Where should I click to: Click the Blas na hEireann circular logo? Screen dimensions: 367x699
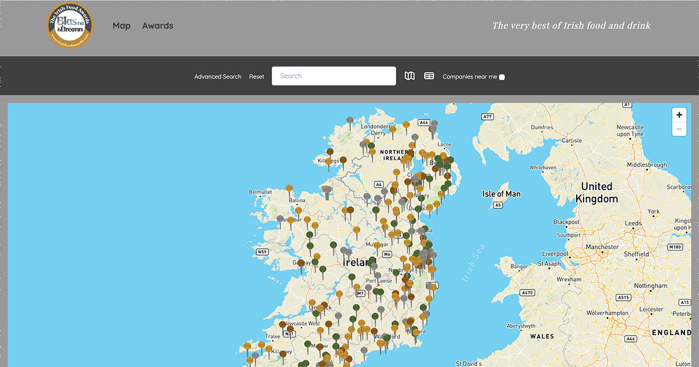click(70, 25)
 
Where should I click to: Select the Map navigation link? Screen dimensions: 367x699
click(121, 26)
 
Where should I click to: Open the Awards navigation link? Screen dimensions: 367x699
click(157, 26)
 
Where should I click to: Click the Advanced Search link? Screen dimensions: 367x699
click(217, 77)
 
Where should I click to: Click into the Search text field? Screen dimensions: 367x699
click(334, 76)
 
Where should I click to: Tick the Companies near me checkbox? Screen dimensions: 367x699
click(502, 77)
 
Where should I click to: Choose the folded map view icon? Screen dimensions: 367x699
click(410, 76)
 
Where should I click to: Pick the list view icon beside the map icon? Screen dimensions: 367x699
click(429, 76)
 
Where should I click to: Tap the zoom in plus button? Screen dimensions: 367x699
click(679, 115)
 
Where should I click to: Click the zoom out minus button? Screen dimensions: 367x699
click(679, 129)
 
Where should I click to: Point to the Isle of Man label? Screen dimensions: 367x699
click(501, 194)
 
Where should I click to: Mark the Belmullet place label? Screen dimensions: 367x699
click(260, 192)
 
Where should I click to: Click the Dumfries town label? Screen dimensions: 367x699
click(542, 127)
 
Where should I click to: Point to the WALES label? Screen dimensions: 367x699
click(542, 336)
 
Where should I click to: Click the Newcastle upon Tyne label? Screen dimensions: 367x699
click(630, 130)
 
